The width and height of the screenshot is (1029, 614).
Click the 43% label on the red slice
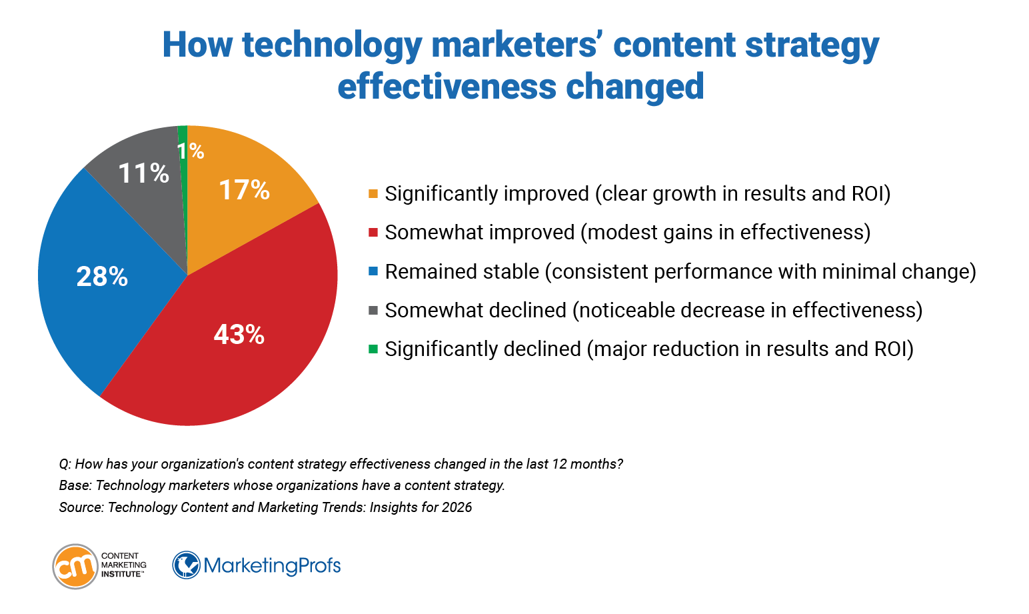(239, 335)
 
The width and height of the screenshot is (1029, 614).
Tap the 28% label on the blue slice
(102, 277)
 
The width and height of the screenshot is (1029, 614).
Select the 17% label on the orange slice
(244, 191)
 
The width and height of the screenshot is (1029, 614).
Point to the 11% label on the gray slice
(143, 173)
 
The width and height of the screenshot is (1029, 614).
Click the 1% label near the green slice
(191, 151)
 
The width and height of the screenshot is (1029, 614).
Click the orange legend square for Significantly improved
(373, 194)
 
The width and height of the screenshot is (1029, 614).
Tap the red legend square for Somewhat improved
(373, 233)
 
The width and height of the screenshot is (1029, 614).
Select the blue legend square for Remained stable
(373, 271)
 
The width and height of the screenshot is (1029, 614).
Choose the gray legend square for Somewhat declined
(373, 310)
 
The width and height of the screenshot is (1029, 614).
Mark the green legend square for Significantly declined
(373, 349)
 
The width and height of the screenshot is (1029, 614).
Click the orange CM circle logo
(75, 567)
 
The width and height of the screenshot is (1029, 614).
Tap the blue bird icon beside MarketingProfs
(187, 565)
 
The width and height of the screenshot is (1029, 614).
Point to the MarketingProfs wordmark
(272, 566)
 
